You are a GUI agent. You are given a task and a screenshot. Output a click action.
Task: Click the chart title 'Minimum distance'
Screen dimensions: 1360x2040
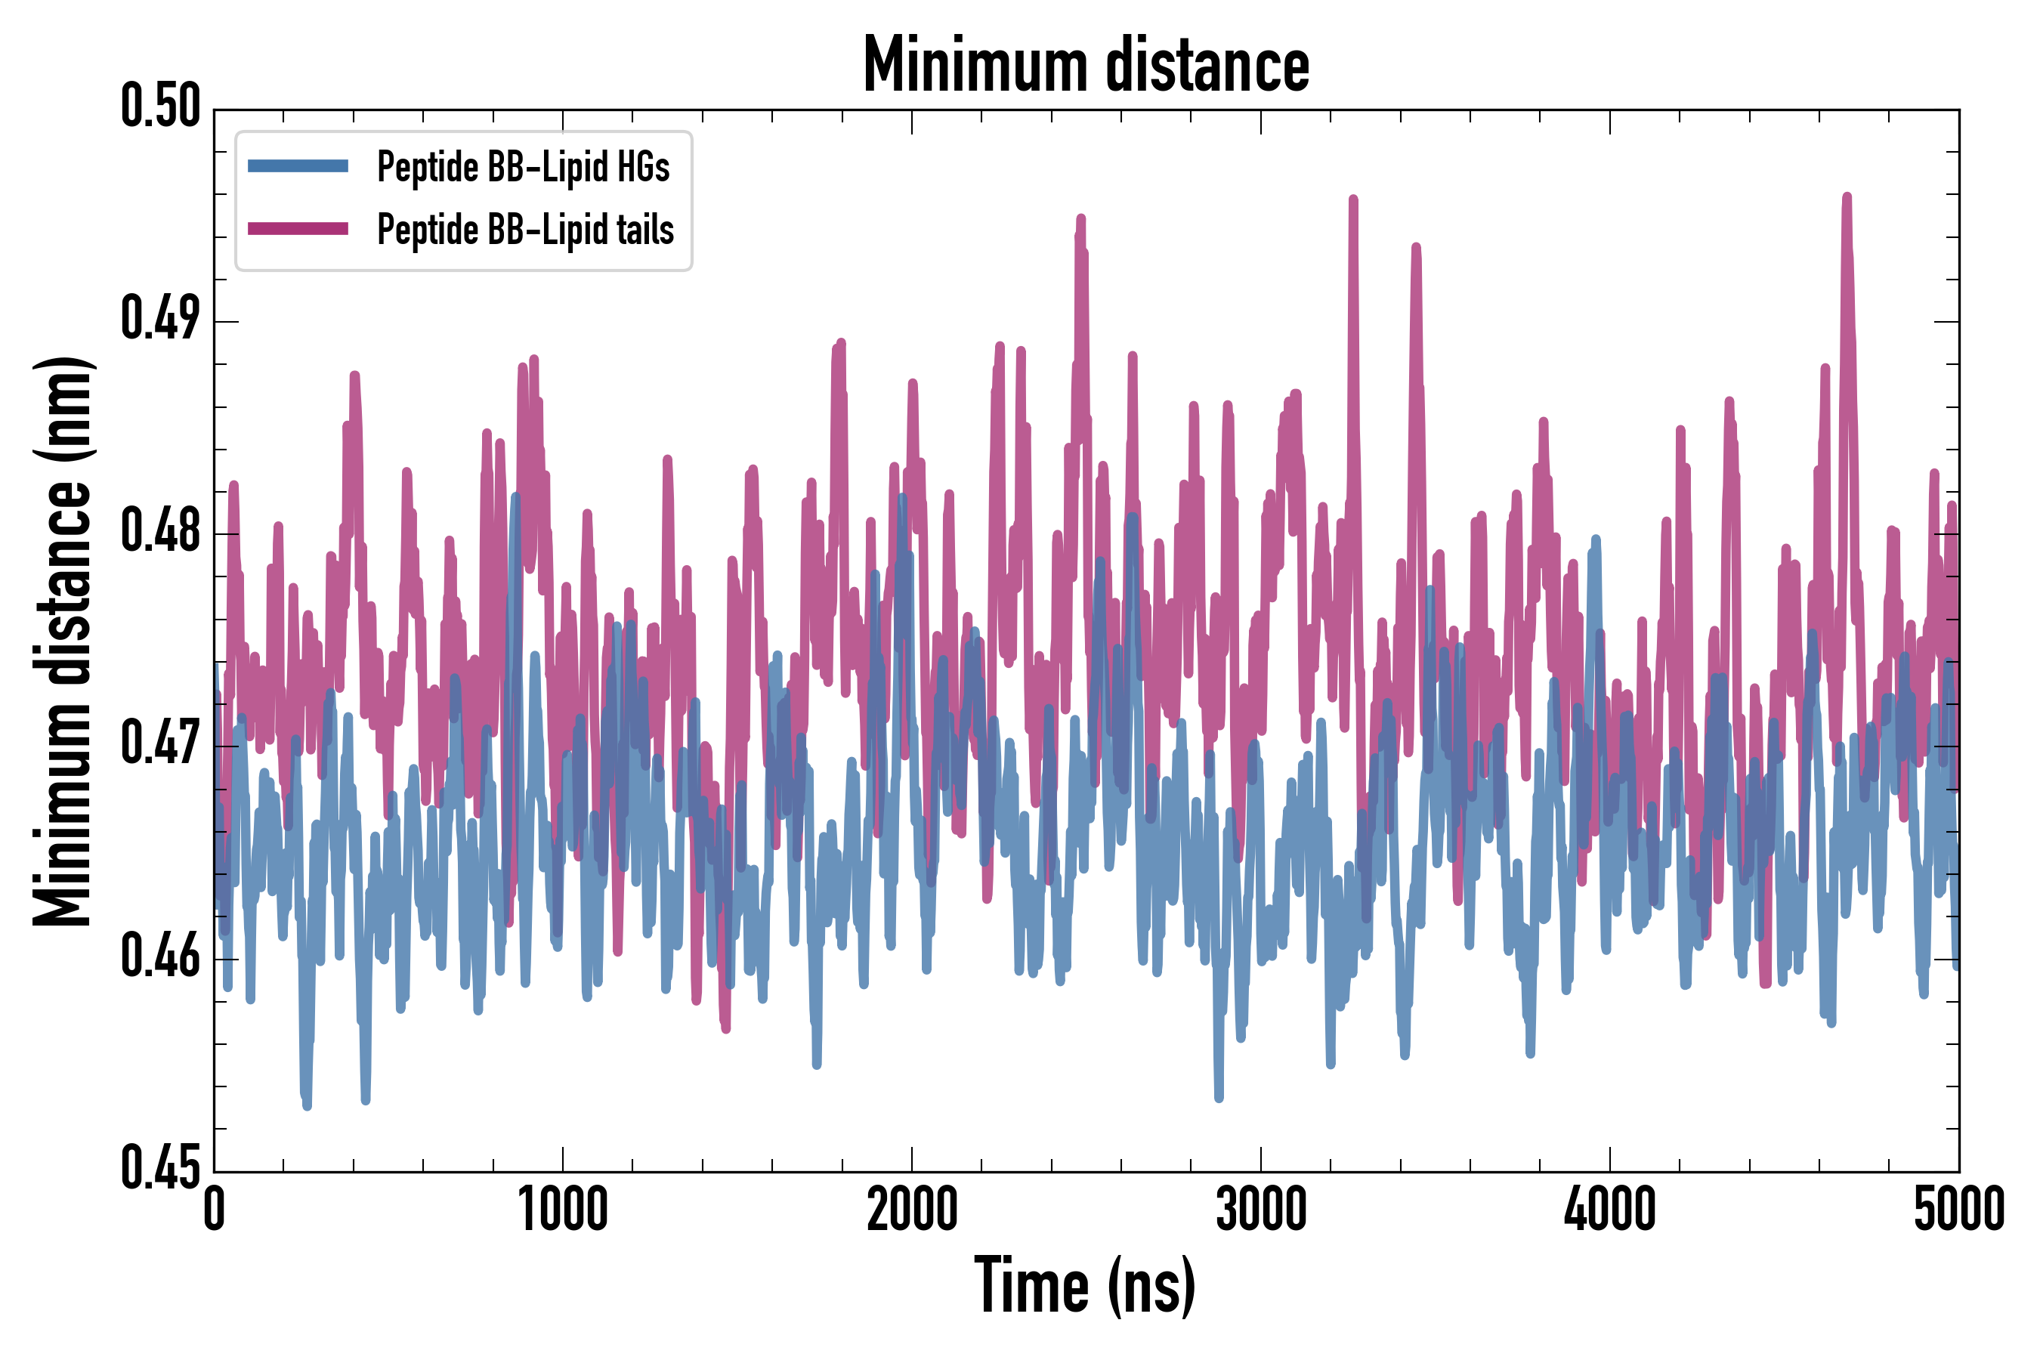coord(1085,65)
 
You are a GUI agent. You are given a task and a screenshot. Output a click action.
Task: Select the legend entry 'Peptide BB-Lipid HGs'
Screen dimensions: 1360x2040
coord(523,166)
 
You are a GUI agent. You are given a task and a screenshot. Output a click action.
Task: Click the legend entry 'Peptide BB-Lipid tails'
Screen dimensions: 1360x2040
coord(525,230)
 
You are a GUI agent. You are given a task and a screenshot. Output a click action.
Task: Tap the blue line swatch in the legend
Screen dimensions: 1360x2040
coord(298,166)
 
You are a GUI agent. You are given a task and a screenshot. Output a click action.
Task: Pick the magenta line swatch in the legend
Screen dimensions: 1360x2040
coord(298,229)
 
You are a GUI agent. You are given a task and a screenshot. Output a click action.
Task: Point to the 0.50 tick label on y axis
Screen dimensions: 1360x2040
coord(160,107)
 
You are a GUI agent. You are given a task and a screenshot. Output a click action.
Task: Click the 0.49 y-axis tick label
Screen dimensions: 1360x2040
coord(160,319)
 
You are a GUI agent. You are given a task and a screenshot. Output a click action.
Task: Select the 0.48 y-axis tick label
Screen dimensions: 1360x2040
coord(160,532)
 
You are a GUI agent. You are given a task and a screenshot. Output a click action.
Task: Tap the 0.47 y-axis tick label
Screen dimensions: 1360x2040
coord(160,744)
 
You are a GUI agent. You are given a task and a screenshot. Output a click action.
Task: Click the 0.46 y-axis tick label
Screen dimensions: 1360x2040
coord(160,957)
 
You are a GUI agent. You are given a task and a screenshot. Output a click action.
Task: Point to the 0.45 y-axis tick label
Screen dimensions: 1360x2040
coord(160,1169)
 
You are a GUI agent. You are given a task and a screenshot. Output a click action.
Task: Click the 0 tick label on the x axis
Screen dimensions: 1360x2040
coord(215,1210)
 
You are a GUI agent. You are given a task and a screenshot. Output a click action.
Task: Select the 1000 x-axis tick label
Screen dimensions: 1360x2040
coord(563,1210)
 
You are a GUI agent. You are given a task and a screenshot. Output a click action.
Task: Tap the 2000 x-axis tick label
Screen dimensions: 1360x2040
coord(912,1210)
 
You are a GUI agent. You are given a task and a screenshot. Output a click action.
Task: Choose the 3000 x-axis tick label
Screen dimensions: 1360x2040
coord(1260,1210)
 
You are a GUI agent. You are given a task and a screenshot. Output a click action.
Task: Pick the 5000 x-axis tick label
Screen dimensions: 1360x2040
coord(1958,1210)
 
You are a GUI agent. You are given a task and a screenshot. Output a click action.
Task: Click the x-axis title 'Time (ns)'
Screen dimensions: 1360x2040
coord(1085,1285)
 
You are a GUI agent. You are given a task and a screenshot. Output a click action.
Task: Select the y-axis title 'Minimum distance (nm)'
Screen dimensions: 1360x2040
coord(63,641)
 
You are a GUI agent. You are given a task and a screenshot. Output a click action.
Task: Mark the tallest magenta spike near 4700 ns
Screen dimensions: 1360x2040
coord(1847,199)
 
